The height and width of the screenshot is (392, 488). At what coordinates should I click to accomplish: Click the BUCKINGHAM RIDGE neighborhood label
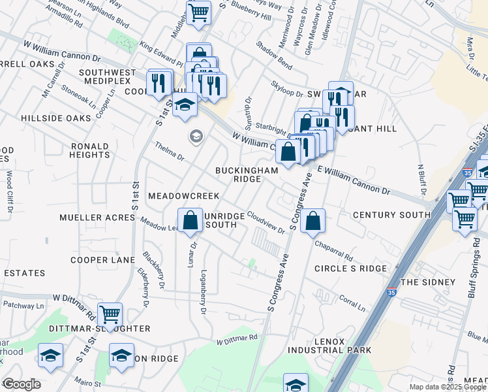247,174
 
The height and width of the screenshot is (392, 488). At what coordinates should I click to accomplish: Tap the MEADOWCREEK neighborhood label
183,196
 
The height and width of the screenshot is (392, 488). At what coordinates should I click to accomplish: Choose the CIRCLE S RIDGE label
350,269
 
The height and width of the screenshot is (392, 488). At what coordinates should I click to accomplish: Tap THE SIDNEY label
427,282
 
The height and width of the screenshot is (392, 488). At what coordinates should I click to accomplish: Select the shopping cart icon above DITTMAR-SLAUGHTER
110,314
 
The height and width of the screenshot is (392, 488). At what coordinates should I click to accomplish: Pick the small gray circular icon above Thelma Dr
195,137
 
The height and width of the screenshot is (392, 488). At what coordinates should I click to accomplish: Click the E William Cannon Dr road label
353,181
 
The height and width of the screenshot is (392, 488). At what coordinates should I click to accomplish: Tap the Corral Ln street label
351,302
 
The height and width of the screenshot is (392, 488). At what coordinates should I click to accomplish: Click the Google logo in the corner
21,384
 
